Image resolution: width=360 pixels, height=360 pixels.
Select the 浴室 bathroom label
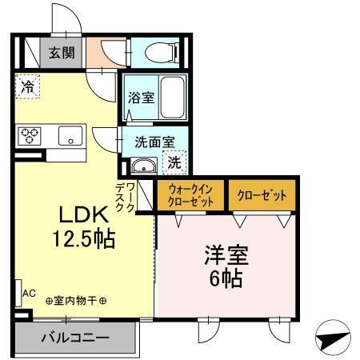(x=141, y=97)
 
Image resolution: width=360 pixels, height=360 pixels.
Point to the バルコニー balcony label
(x=74, y=337)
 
